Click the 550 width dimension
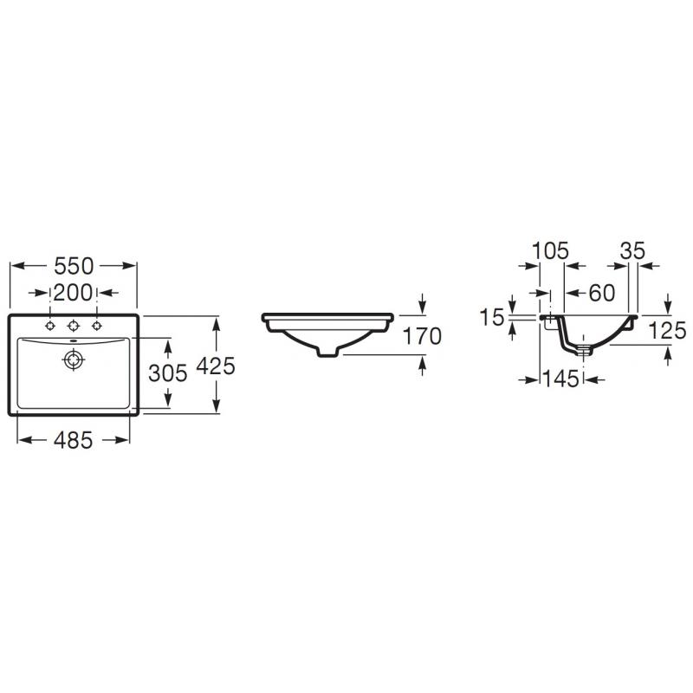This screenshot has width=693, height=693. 74,266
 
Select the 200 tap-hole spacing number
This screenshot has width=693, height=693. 74,293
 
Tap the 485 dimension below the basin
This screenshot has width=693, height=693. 74,440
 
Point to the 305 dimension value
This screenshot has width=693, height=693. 168,373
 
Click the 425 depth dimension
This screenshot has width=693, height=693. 216,366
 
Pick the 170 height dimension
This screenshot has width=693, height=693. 422,336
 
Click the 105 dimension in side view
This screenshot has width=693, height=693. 550,251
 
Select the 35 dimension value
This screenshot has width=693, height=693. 633,251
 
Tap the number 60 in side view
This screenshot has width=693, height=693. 602,293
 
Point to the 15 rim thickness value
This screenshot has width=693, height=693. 492,317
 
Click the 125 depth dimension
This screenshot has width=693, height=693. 667,331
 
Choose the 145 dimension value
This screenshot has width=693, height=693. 560,379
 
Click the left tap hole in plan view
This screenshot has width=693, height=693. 50,327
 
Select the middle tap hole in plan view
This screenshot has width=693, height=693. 74,327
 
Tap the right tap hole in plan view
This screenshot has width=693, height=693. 97,327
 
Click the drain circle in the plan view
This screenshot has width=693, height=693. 74,359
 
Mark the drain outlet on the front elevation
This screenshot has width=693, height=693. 328,352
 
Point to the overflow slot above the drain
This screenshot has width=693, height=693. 74,341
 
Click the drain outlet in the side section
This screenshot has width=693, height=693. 584,351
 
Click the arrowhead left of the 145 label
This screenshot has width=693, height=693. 532,379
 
